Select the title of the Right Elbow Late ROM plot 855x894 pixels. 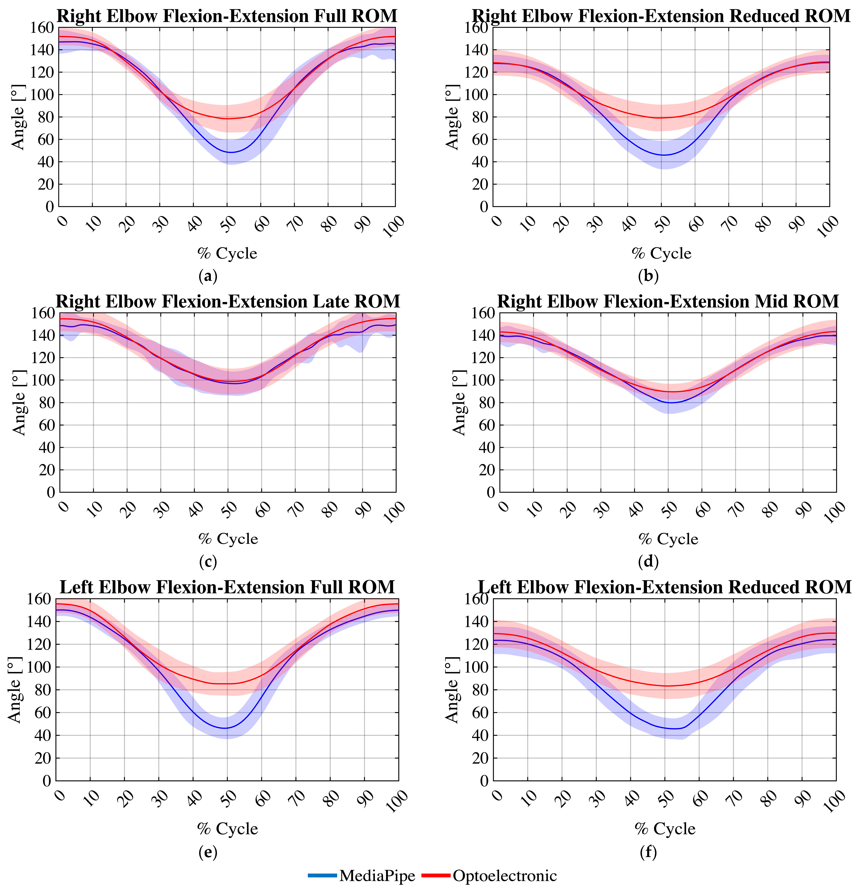(228, 302)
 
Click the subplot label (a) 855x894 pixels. (208, 276)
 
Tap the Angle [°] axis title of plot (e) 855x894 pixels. (16, 689)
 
